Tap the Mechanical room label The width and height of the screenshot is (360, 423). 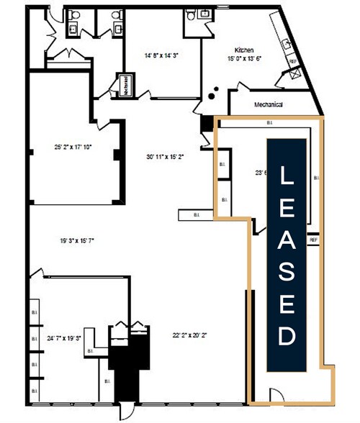click(268, 106)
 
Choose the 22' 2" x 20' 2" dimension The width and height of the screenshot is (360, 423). click(189, 335)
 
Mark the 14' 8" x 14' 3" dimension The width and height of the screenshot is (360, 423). click(161, 55)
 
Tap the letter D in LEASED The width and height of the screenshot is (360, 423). click(286, 335)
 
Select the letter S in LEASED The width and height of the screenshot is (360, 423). click(286, 272)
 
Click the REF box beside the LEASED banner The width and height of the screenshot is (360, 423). click(314, 240)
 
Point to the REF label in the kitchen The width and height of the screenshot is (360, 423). click(293, 62)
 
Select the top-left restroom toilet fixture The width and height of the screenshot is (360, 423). click(73, 27)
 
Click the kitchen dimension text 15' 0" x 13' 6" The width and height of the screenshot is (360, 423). click(243, 60)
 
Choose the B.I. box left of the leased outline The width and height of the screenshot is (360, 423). click(197, 214)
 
